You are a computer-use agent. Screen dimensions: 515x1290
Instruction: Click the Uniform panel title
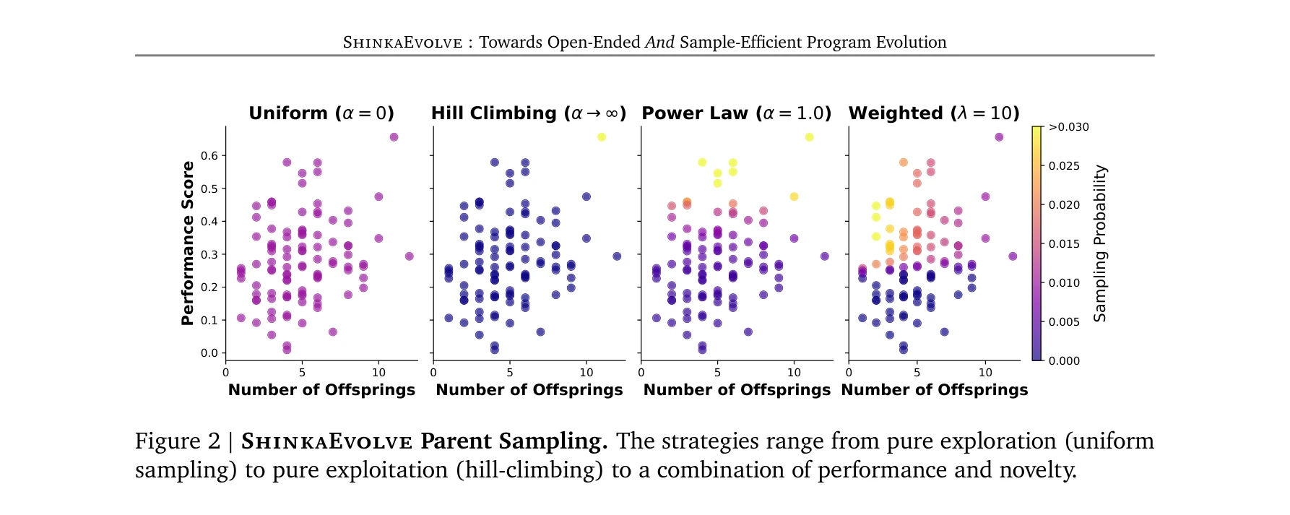(x=321, y=113)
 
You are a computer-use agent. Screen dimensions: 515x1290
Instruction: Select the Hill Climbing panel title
(x=528, y=113)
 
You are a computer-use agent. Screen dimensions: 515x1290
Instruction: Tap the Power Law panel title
(x=736, y=113)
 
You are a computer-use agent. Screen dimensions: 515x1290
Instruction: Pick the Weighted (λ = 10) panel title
(x=933, y=113)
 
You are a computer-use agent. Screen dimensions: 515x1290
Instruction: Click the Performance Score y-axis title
(x=188, y=243)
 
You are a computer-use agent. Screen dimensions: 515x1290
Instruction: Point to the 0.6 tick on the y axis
(x=209, y=155)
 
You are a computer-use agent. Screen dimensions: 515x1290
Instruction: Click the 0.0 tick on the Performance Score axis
(x=209, y=353)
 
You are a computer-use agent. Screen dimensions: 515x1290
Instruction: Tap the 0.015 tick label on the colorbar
(x=1064, y=244)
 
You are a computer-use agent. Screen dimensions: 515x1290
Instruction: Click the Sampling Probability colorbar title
(x=1099, y=243)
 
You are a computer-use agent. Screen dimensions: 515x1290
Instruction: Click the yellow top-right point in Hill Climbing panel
(x=602, y=137)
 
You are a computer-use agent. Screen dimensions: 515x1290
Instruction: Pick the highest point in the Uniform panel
(x=394, y=137)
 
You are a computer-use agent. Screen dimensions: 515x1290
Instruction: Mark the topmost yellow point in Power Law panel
(x=809, y=137)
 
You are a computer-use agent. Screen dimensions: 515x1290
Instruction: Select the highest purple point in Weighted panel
(x=999, y=137)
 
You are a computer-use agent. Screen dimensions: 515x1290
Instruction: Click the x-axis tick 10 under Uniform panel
(x=378, y=373)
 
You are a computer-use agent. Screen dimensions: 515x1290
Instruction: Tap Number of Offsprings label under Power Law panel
(x=737, y=390)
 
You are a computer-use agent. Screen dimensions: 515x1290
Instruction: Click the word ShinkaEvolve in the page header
(x=402, y=43)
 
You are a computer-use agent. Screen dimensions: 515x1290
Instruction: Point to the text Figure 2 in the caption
(x=177, y=441)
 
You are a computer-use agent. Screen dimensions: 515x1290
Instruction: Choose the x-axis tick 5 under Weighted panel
(x=917, y=373)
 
